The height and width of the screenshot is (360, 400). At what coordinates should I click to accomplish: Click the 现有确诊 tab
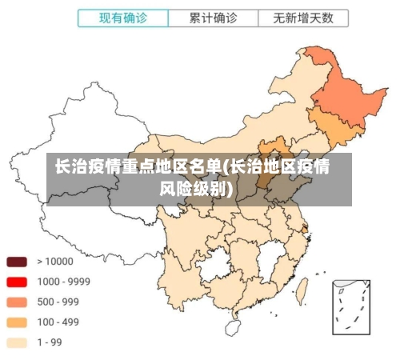(122, 17)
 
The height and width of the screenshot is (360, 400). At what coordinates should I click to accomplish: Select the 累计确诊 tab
(213, 17)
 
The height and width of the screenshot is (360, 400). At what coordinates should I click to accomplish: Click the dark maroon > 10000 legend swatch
(17, 262)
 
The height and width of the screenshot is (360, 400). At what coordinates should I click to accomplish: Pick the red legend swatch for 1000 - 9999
(17, 282)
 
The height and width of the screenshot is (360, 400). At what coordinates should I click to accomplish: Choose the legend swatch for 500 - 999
(17, 302)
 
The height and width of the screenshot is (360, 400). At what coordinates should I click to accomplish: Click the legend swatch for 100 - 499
(17, 322)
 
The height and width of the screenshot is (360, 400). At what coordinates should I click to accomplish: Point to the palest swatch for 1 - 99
(17, 342)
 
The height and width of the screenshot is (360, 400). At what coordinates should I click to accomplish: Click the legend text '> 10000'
(54, 262)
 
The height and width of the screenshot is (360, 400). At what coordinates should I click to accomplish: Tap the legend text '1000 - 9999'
(63, 282)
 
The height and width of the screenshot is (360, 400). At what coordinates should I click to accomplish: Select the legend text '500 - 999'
(58, 302)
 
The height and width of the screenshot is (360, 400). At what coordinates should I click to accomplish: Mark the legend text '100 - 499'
(58, 322)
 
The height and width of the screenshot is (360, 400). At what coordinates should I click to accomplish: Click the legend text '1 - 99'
(49, 342)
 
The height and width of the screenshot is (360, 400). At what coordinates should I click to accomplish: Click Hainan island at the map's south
(233, 327)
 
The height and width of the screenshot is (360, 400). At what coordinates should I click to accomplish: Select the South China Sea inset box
(352, 306)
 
